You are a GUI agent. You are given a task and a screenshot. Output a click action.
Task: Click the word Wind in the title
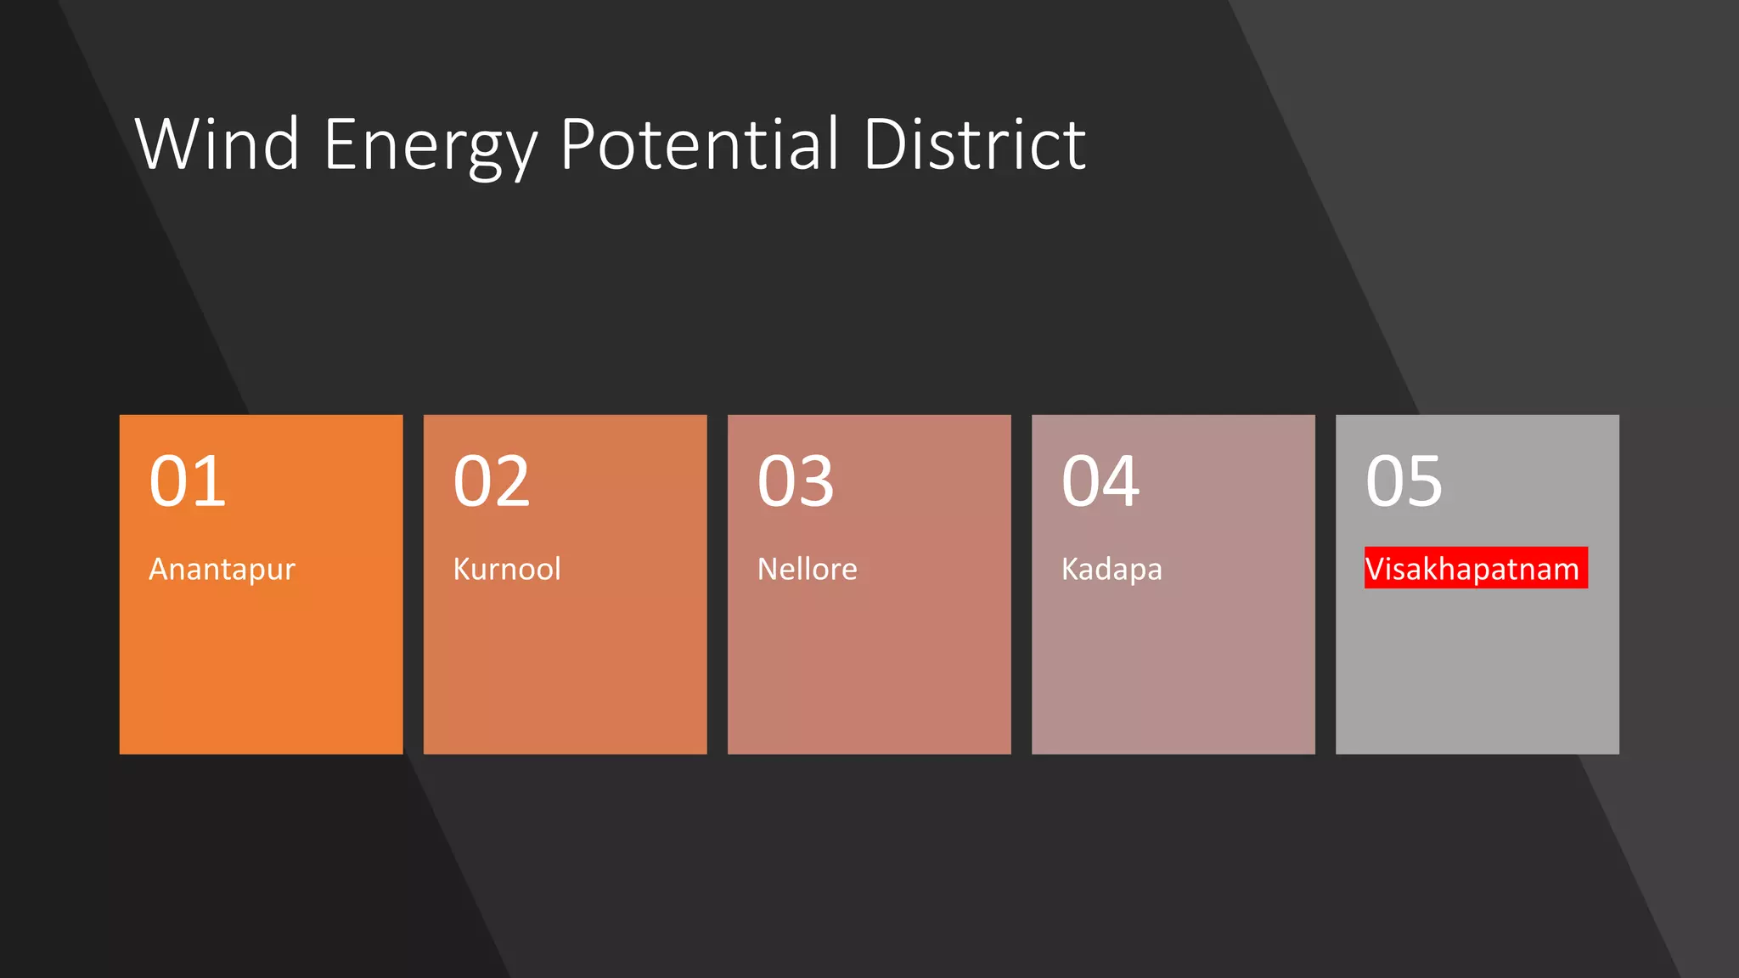(x=217, y=144)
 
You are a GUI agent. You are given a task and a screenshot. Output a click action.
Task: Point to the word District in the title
(x=974, y=144)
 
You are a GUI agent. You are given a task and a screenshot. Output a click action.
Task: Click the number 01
(x=188, y=481)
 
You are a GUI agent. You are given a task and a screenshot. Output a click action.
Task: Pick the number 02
(x=492, y=481)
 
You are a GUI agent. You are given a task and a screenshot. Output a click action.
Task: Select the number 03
(x=796, y=481)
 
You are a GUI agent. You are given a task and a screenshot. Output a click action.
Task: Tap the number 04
(x=1100, y=481)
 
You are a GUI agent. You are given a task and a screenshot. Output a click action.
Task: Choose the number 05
(x=1404, y=481)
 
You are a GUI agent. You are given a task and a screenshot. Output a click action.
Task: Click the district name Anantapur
(x=222, y=569)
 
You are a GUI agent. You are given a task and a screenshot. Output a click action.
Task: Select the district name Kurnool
(x=507, y=569)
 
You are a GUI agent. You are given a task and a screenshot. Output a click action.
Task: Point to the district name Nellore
(x=807, y=569)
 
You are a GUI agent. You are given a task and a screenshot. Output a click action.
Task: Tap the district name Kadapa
(x=1111, y=569)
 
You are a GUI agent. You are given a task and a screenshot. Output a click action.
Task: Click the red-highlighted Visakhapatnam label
(x=1475, y=568)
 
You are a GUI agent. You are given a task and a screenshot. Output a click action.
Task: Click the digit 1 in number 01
(x=210, y=481)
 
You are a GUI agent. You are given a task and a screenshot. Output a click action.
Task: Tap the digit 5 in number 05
(x=1424, y=481)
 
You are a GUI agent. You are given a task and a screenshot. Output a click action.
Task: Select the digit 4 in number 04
(x=1121, y=481)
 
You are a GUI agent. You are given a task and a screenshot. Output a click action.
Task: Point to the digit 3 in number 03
(x=816, y=481)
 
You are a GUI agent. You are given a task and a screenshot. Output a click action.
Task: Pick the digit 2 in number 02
(x=512, y=481)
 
